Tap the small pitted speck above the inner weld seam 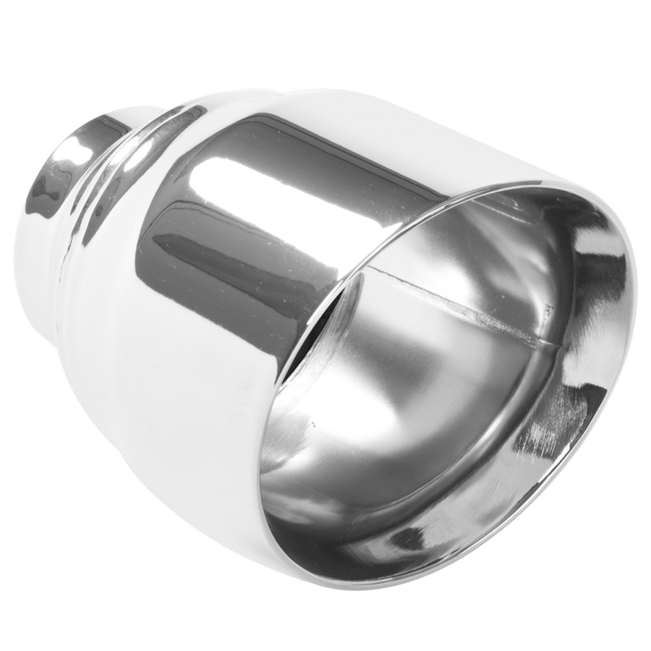pyautogui.click(x=548, y=309)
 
